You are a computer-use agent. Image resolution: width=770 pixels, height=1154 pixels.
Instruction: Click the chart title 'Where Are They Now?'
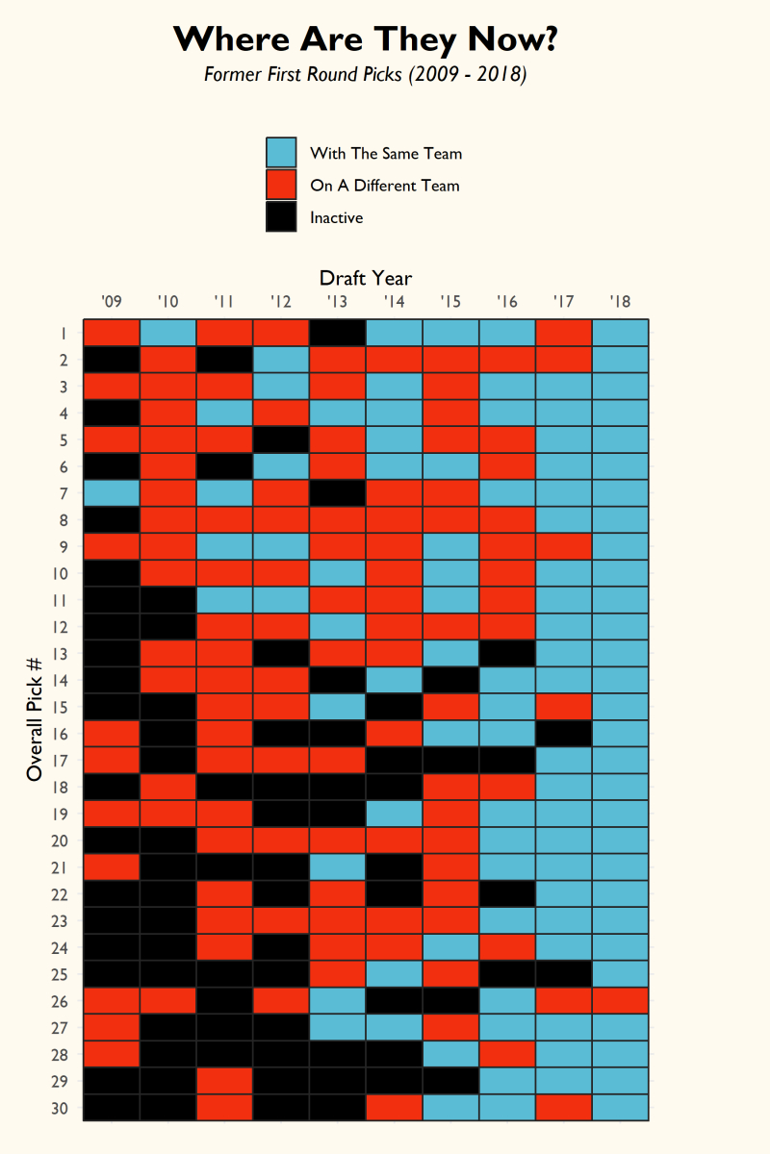click(x=366, y=40)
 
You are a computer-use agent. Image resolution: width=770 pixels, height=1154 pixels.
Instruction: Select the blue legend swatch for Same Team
click(x=280, y=153)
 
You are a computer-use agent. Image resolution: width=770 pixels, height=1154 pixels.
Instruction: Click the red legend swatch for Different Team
click(x=280, y=185)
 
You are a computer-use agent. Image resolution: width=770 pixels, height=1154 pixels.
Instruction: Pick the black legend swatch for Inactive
click(x=280, y=217)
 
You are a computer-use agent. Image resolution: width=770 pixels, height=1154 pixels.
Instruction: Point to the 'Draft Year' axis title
click(x=366, y=279)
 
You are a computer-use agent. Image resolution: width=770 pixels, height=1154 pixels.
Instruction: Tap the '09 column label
click(x=111, y=302)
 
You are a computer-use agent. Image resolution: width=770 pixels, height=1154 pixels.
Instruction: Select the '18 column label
click(x=620, y=302)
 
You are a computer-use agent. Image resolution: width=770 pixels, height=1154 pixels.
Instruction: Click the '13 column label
click(x=337, y=302)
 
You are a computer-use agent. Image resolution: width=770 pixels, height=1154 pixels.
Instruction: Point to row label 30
click(x=59, y=1108)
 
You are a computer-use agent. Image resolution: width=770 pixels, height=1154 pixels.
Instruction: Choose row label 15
click(x=59, y=707)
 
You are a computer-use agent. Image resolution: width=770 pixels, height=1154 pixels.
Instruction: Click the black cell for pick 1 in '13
click(x=337, y=333)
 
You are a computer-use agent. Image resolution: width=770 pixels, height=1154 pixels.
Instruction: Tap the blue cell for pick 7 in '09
click(x=111, y=493)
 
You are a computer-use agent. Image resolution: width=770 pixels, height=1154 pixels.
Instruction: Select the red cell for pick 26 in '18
click(x=620, y=1001)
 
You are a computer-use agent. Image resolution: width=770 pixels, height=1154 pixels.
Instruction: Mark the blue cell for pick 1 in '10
click(x=167, y=333)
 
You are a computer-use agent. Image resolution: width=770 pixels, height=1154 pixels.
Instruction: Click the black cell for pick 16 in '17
click(x=563, y=734)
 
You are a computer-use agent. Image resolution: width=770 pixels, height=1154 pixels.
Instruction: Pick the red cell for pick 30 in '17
click(x=563, y=1108)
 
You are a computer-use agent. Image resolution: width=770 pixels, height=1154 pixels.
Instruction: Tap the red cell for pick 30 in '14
click(x=394, y=1108)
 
